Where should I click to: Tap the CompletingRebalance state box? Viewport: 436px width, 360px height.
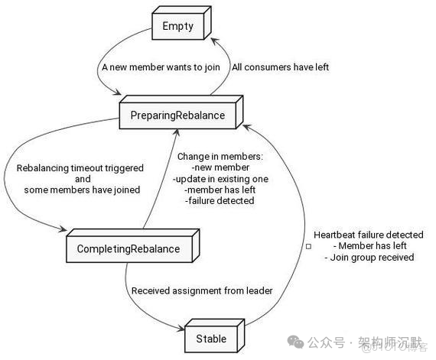(x=128, y=248)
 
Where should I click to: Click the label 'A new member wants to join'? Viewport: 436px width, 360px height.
(x=161, y=67)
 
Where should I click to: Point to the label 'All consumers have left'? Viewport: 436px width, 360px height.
(x=280, y=67)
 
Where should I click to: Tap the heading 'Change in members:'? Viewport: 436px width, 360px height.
(x=220, y=156)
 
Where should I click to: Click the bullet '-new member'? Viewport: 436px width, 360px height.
(x=220, y=167)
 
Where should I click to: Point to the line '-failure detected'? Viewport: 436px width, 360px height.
(x=220, y=201)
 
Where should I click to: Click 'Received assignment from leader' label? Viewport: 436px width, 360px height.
(x=201, y=290)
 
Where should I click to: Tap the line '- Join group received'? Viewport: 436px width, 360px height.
(x=370, y=258)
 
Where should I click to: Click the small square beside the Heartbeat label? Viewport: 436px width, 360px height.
(x=307, y=247)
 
